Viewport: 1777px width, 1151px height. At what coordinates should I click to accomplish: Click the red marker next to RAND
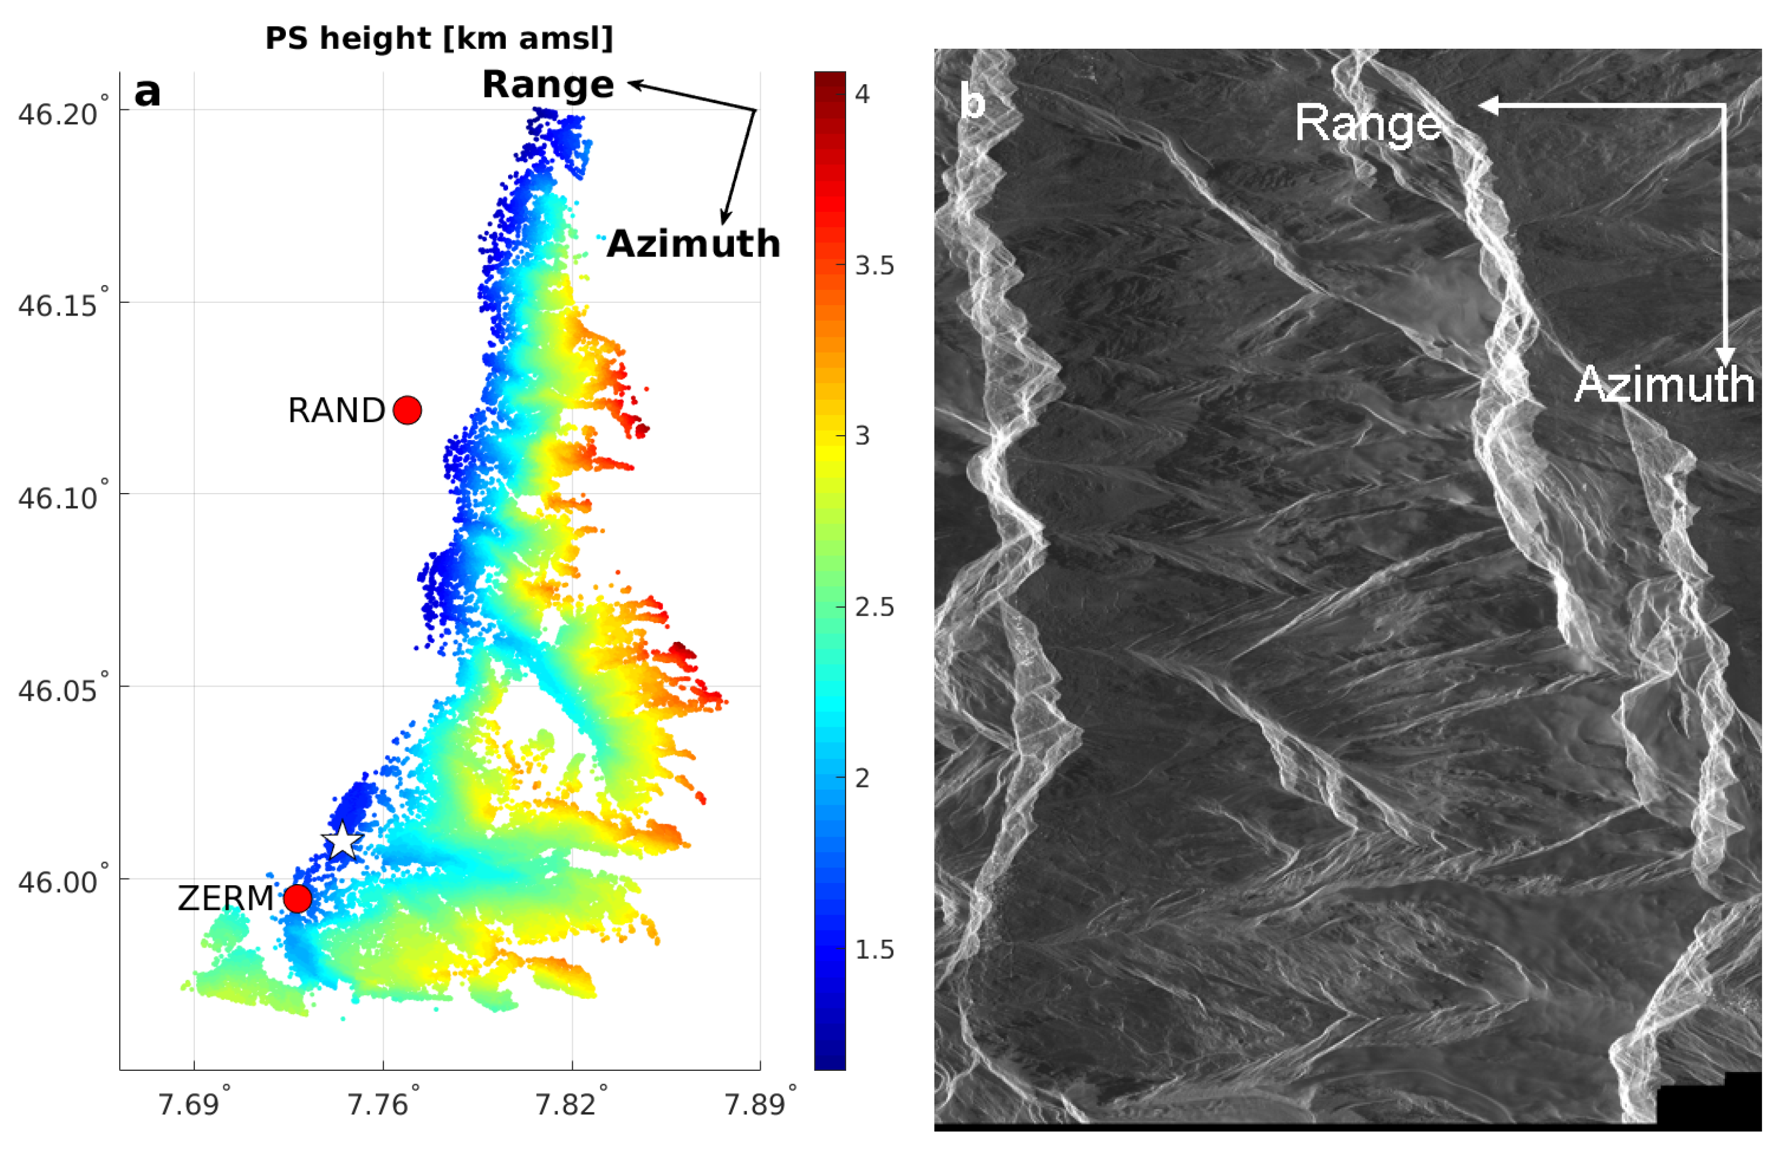click(407, 410)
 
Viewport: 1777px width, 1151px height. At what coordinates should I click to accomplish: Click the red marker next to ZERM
click(297, 898)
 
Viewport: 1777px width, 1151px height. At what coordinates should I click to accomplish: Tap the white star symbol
click(343, 841)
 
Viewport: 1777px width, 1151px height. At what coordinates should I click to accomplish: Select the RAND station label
click(336, 411)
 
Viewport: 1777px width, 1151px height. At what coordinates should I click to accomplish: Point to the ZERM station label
click(226, 898)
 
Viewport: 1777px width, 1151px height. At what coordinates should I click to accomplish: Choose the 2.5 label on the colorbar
click(874, 608)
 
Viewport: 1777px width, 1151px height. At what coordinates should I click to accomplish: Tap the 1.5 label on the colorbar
click(874, 949)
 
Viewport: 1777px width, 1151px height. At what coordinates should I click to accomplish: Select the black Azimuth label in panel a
click(693, 244)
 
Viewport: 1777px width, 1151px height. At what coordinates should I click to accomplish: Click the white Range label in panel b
click(1368, 123)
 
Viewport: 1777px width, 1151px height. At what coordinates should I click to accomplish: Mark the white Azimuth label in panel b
click(1664, 384)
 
